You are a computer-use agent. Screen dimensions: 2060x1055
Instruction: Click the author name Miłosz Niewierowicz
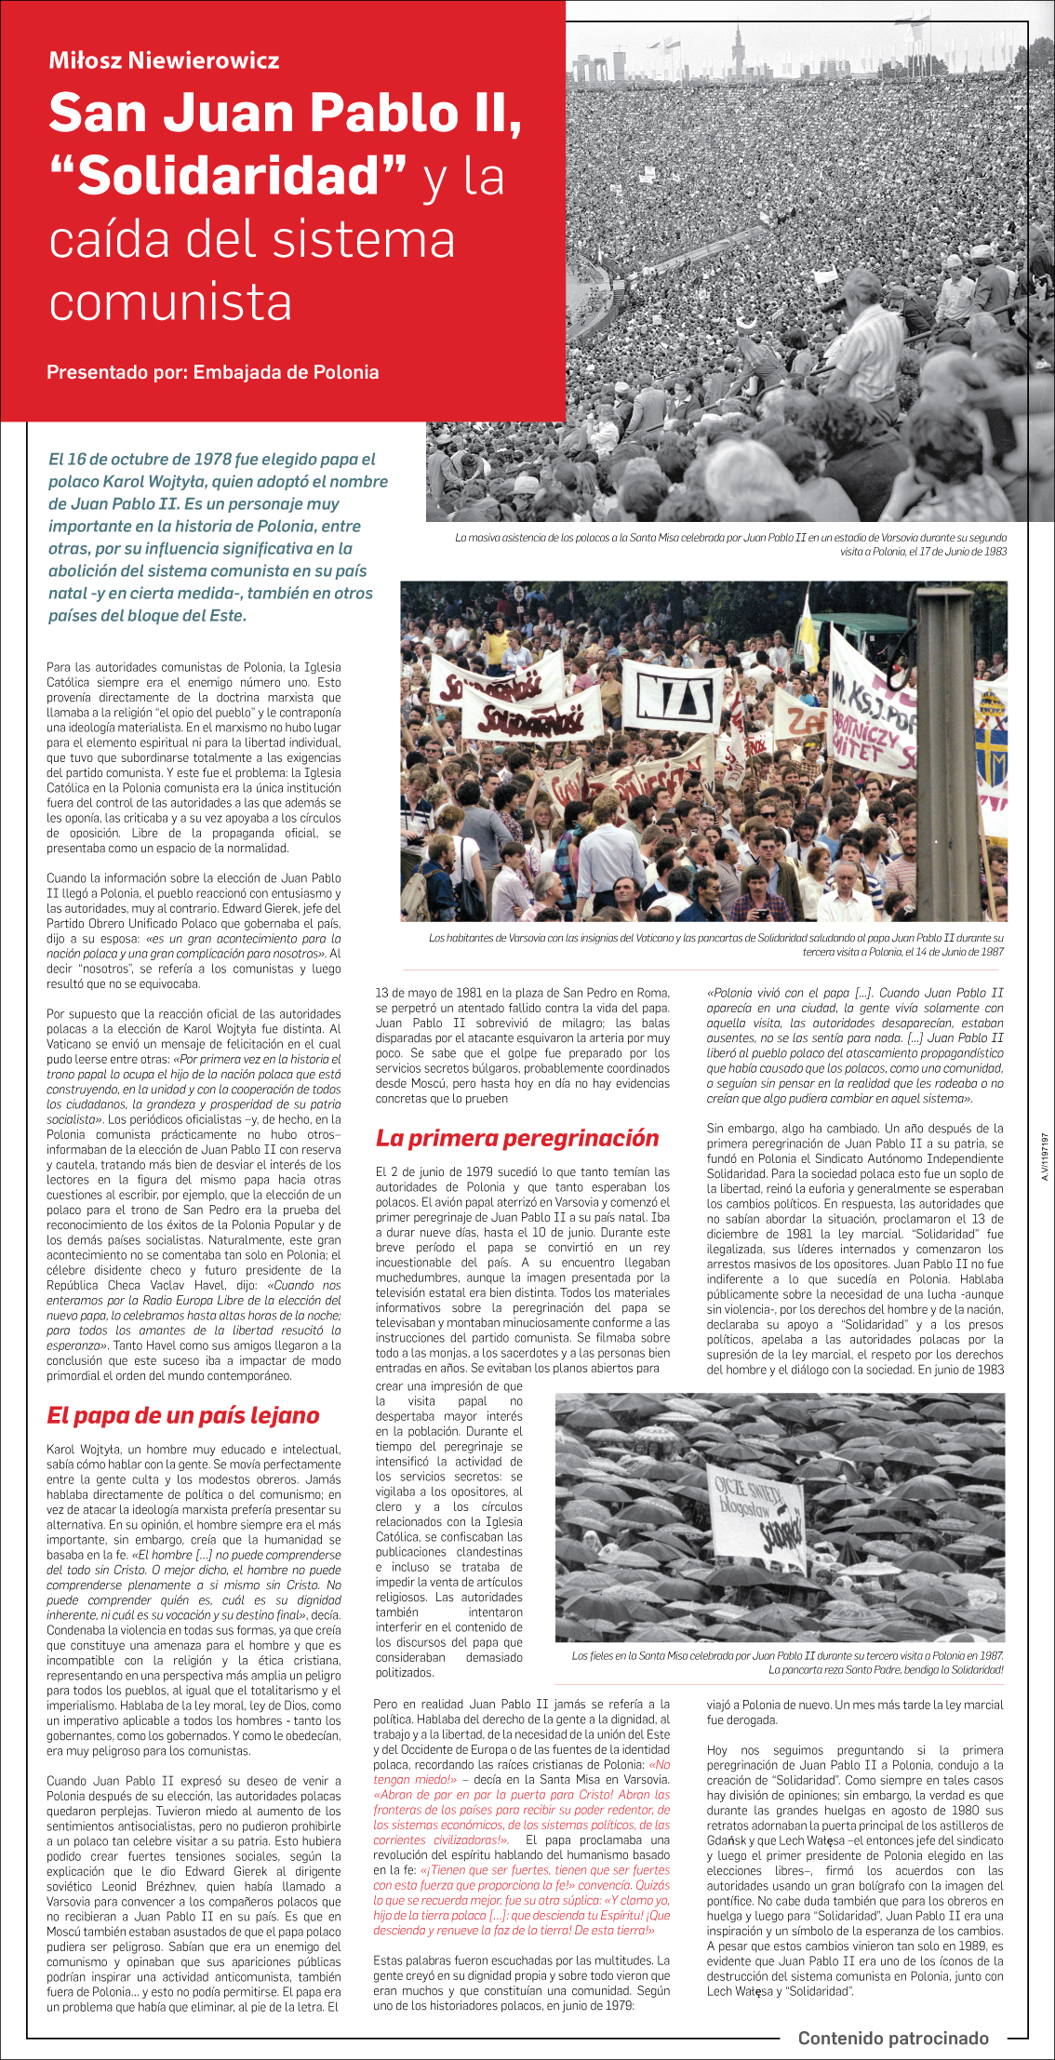(x=164, y=61)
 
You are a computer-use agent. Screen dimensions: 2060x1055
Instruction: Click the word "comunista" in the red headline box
(x=170, y=302)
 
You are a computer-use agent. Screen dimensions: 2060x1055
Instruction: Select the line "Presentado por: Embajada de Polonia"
(x=212, y=372)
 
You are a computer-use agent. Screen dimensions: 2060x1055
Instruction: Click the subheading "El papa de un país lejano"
(x=183, y=1415)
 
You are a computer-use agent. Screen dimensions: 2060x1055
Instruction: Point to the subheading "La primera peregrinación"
(x=516, y=1138)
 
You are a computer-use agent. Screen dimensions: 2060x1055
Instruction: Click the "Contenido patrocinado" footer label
(x=893, y=2038)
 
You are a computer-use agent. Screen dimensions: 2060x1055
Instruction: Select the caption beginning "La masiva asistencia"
(x=730, y=544)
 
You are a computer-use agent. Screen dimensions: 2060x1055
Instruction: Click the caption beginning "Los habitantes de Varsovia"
(x=715, y=944)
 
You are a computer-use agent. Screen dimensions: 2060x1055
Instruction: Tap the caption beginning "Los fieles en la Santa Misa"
(x=787, y=1662)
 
